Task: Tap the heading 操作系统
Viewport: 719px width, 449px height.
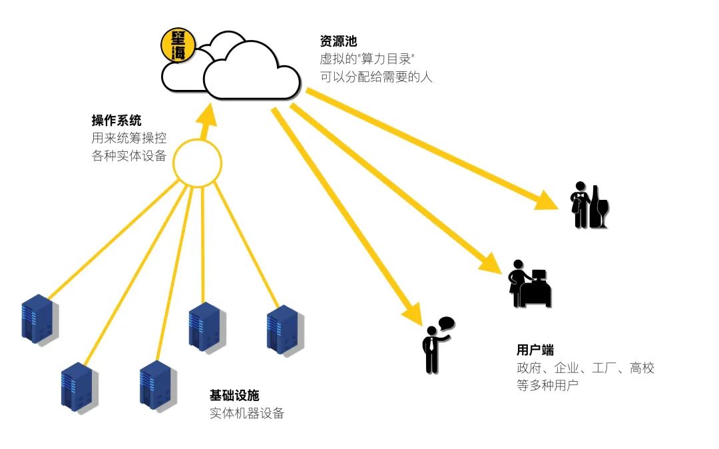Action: coord(117,121)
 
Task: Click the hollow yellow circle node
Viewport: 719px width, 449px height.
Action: coord(197,162)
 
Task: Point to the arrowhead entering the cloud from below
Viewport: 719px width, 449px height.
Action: coord(208,117)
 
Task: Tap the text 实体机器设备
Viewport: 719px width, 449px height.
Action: coord(247,414)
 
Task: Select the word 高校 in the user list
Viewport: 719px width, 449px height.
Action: coord(642,368)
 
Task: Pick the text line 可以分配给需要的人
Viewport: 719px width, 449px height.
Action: coord(376,77)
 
